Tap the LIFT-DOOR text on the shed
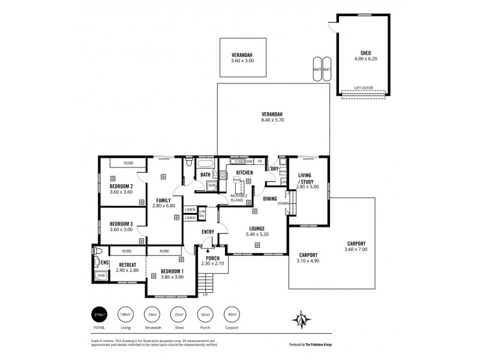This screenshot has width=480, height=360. click(363, 88)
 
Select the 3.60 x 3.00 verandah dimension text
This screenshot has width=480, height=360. click(242, 61)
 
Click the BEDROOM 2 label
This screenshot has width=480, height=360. click(121, 186)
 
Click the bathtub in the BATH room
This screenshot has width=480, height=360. click(205, 163)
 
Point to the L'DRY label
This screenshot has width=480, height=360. click(274, 169)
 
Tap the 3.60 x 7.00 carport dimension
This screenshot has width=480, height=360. click(356, 250)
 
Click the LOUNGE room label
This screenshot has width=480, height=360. click(257, 228)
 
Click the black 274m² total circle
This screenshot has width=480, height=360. click(99, 314)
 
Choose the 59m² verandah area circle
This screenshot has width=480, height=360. click(152, 314)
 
